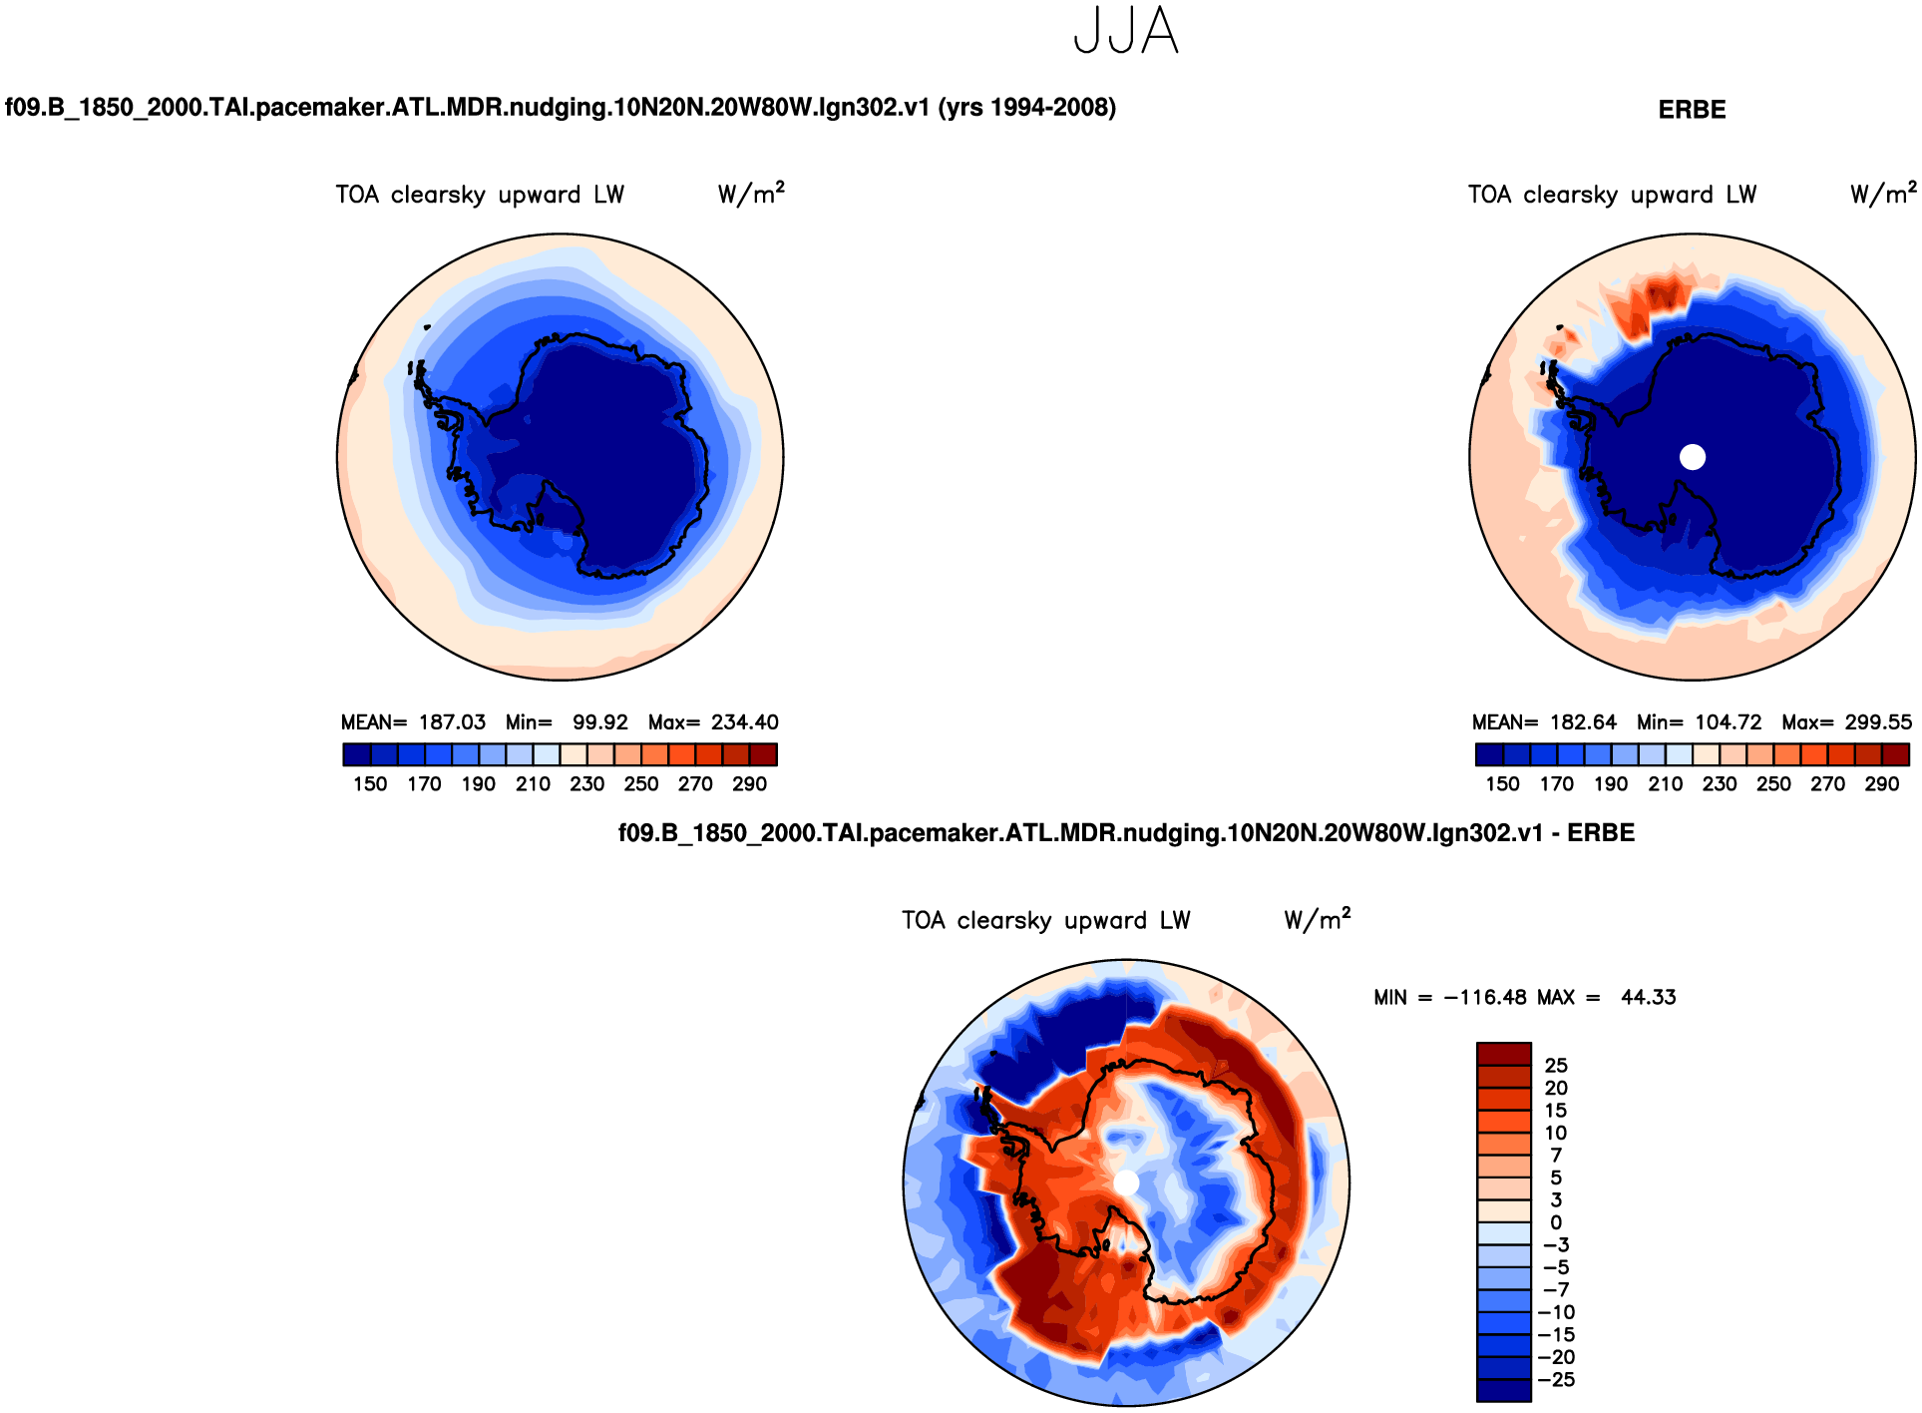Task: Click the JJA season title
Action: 1126,31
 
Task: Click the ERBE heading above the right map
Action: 1692,110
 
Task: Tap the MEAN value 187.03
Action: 452,722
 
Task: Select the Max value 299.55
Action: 1878,722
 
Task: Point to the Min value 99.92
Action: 599,722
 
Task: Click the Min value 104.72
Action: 1729,722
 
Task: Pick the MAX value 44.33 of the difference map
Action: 1648,997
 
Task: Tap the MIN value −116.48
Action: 1484,997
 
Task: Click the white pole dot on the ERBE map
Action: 1693,457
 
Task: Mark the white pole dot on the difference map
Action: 1126,1182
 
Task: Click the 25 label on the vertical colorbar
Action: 1556,1066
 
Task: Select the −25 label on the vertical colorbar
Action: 1556,1380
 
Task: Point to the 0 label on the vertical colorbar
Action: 1556,1222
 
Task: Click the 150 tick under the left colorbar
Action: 370,784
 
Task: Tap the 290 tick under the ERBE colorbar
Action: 1881,784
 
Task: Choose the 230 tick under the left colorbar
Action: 586,784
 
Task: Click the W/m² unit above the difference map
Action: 1317,919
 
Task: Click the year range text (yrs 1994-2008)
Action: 1026,108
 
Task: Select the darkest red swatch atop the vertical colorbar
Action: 1503,1054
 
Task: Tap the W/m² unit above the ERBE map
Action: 1882,194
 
